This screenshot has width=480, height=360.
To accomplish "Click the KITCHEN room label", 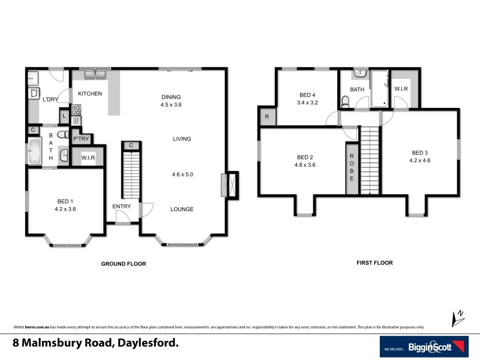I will coord(89,94).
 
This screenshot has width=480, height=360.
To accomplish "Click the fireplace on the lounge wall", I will coord(229,185).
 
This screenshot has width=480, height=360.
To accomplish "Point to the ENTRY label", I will coord(121,206).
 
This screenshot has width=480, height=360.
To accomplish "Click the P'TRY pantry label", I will coord(81,139).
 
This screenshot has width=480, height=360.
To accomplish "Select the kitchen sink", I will coord(95,74).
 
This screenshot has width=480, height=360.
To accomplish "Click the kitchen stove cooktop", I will coord(76,110).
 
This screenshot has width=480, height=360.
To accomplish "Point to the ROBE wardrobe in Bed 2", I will coord(352,168).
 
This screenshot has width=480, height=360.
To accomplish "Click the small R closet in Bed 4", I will coord(266,117).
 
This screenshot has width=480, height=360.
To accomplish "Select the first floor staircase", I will coord(370,161).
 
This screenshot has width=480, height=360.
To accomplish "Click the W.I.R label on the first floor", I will coord(401,89).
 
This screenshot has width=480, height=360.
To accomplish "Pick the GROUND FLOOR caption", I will coord(123,263).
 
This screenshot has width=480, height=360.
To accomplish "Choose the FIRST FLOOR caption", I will coord(374,263).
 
